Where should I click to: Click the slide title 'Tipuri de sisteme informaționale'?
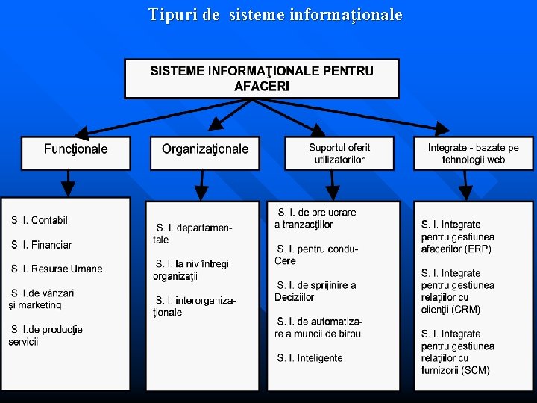click(x=275, y=15)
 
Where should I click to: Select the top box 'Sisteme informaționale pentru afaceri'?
click(x=262, y=78)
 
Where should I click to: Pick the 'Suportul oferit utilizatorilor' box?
click(x=339, y=153)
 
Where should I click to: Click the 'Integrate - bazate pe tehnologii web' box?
click(x=474, y=154)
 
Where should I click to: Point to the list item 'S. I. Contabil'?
click(x=40, y=220)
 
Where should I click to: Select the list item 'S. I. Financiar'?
click(x=42, y=245)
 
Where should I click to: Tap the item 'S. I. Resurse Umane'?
click(x=57, y=269)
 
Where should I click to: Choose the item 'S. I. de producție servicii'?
click(x=45, y=335)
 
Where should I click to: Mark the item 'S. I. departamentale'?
click(x=194, y=234)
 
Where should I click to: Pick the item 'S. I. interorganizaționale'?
click(x=195, y=306)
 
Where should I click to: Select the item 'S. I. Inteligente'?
click(x=310, y=358)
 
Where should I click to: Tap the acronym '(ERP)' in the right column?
click(x=480, y=249)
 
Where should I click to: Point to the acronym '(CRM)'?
click(x=464, y=309)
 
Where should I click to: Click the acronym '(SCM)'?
click(x=475, y=370)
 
